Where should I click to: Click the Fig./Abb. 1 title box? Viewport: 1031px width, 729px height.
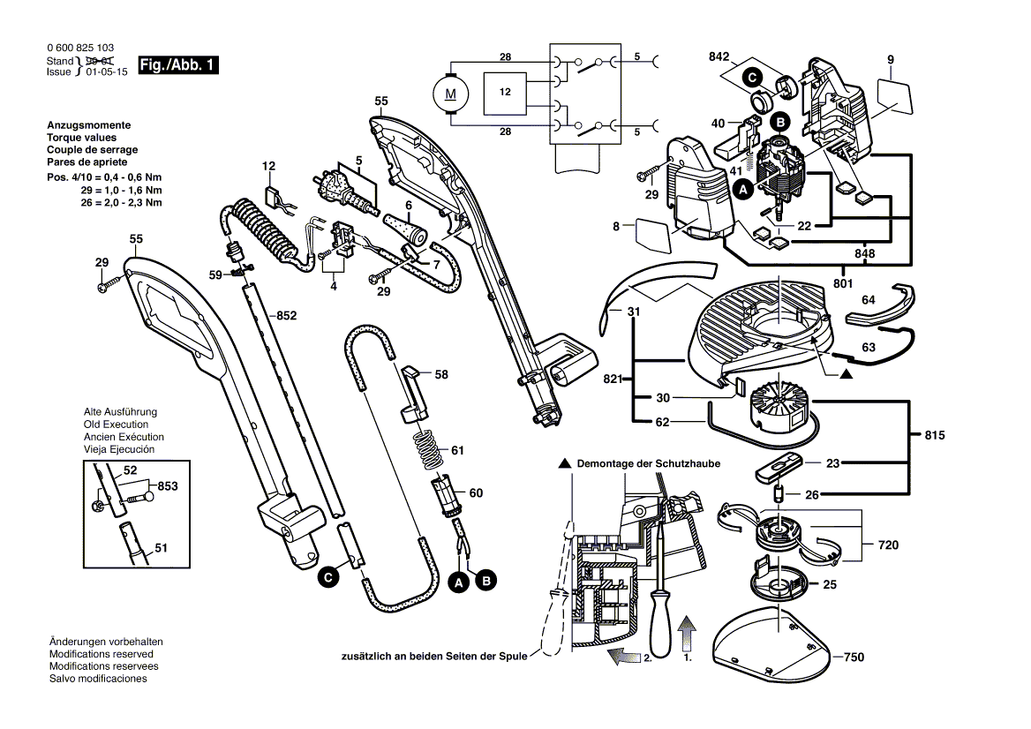(x=178, y=64)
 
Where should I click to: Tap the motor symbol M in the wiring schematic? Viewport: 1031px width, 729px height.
(x=450, y=94)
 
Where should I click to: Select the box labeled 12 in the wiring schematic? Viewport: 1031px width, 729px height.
(x=505, y=93)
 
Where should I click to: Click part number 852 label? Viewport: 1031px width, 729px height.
(x=286, y=316)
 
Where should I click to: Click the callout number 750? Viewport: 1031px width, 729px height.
(x=854, y=657)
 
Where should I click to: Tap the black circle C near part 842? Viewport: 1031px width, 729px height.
(x=752, y=78)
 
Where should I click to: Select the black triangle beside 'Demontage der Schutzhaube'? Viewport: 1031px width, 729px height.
(x=564, y=463)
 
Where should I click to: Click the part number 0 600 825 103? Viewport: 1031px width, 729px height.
(x=80, y=48)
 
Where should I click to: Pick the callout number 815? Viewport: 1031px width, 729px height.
(x=934, y=435)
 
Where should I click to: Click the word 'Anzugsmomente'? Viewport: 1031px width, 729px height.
(x=89, y=125)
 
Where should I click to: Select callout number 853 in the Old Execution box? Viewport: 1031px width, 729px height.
(x=168, y=485)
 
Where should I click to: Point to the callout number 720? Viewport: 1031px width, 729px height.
(x=888, y=545)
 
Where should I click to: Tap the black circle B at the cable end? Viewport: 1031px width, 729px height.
(x=485, y=581)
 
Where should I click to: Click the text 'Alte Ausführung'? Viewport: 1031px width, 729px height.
(x=120, y=412)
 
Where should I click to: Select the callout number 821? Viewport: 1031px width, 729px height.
(x=613, y=379)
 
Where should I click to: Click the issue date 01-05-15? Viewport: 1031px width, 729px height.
(x=107, y=71)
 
